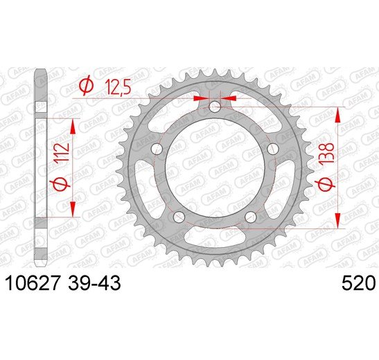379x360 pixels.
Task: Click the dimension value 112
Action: (62, 154)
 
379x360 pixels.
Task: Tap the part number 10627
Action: (32, 283)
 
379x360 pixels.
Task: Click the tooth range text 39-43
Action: (94, 283)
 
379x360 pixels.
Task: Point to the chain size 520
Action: (359, 283)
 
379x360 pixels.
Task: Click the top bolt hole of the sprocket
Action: (215, 107)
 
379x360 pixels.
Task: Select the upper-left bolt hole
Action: (157, 148)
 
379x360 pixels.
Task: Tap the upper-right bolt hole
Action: (273, 148)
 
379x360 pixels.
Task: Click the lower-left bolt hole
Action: (179, 217)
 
